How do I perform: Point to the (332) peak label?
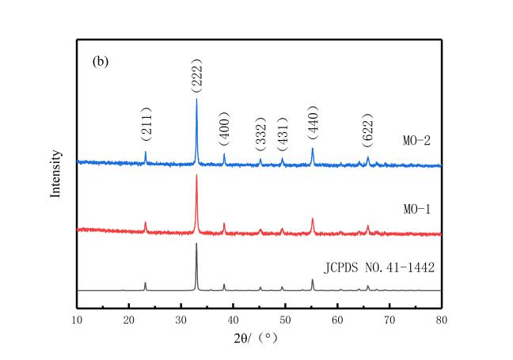[x=260, y=138]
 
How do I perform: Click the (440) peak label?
[x=312, y=123]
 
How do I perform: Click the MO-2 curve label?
[x=415, y=141]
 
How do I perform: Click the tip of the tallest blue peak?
[x=196, y=98]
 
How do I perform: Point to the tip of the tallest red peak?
[x=196, y=174]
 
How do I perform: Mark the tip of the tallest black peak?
[x=196, y=243]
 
